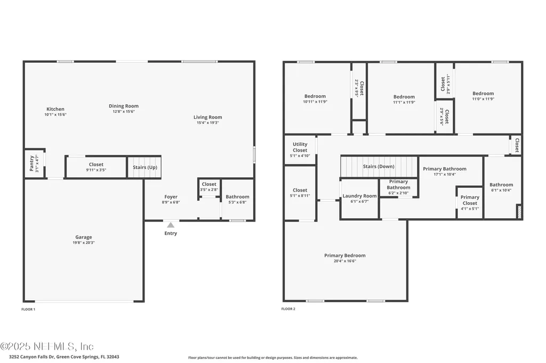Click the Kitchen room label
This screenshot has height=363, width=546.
pos(55,109)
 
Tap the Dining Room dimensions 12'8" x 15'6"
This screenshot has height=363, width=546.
pos(124,112)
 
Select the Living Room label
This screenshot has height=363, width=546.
pos(207,117)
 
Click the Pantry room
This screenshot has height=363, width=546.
pos(33,164)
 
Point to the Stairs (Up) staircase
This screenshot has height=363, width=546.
pos(144,167)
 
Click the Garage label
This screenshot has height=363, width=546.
pos(83,237)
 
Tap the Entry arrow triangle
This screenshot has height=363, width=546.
pos(171,225)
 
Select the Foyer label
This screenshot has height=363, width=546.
pos(171,197)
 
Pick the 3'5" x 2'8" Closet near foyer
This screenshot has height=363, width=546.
pos(209,187)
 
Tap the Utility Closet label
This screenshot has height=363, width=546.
pos(300,147)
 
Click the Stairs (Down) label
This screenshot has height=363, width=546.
pos(379,167)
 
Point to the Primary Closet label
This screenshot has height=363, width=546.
pos(470,200)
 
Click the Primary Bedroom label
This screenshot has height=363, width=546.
pos(345,255)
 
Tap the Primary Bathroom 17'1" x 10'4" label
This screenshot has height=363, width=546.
pos(445,169)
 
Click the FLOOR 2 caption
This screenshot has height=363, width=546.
pos(288,309)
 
